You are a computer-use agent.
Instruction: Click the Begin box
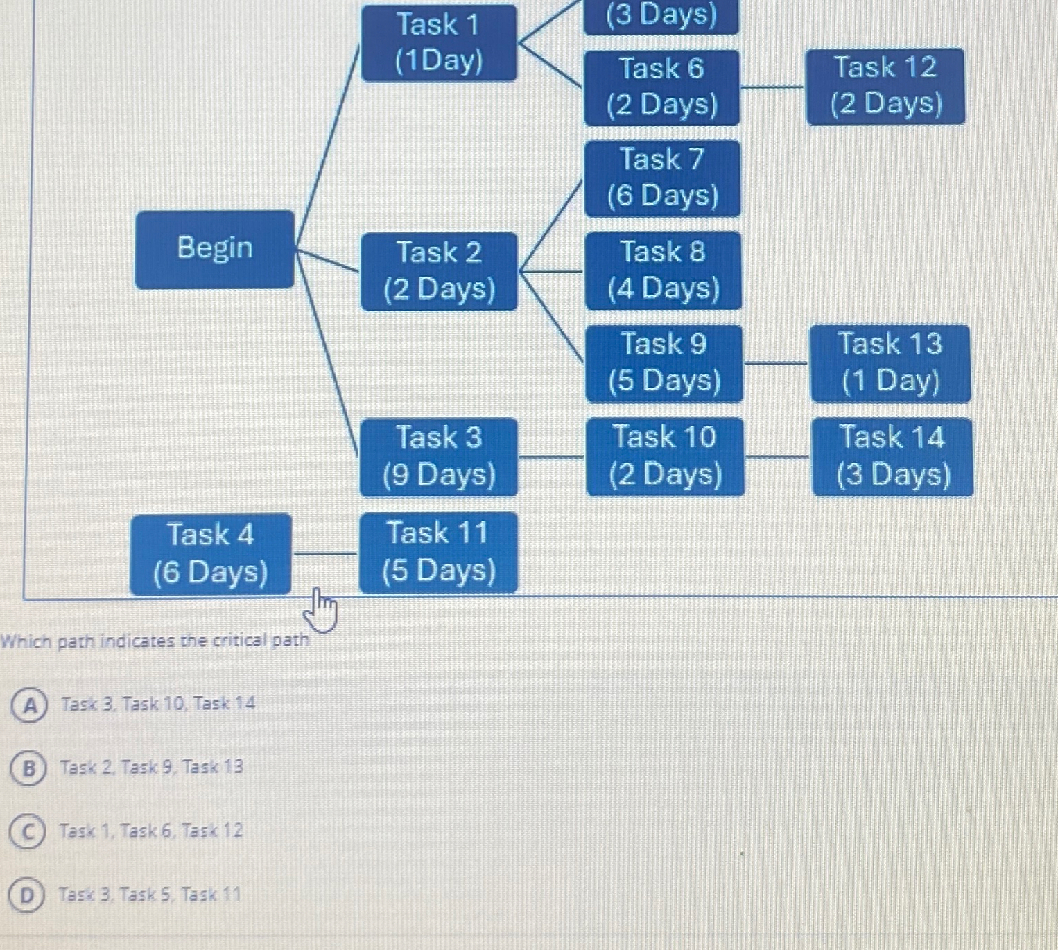(215, 250)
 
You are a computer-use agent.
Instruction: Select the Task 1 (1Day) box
(439, 43)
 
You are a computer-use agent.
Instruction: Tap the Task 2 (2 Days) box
(439, 271)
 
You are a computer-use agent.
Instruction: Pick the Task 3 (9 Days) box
(439, 457)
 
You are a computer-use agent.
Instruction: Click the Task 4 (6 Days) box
(211, 554)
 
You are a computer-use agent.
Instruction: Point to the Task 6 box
(661, 87)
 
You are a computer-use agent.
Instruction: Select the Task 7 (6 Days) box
(663, 178)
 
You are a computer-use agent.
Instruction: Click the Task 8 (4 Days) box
(664, 270)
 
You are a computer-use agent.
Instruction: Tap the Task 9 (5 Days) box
(664, 363)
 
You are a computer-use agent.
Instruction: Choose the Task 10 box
(665, 456)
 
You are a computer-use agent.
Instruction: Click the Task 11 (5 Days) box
(439, 553)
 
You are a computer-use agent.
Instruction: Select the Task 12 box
(885, 86)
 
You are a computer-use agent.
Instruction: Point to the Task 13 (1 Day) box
(890, 363)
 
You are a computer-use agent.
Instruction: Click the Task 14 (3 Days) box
(892, 457)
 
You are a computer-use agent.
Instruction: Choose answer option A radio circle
(29, 705)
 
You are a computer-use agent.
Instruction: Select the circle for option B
(28, 768)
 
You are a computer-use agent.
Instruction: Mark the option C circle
(28, 832)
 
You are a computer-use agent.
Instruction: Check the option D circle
(26, 895)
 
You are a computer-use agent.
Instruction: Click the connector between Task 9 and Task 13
(776, 363)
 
